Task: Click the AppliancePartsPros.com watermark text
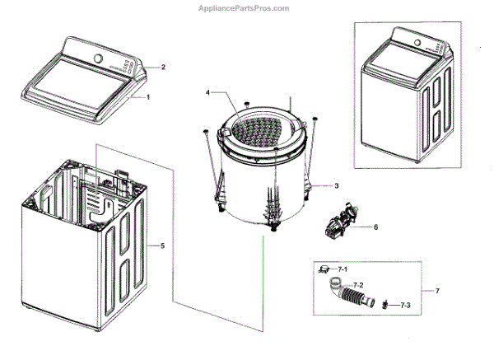[x=245, y=7]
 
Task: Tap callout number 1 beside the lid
[x=148, y=96]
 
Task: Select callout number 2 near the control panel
[x=163, y=67]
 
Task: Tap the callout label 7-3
[x=405, y=306]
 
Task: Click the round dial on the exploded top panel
[x=98, y=58]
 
